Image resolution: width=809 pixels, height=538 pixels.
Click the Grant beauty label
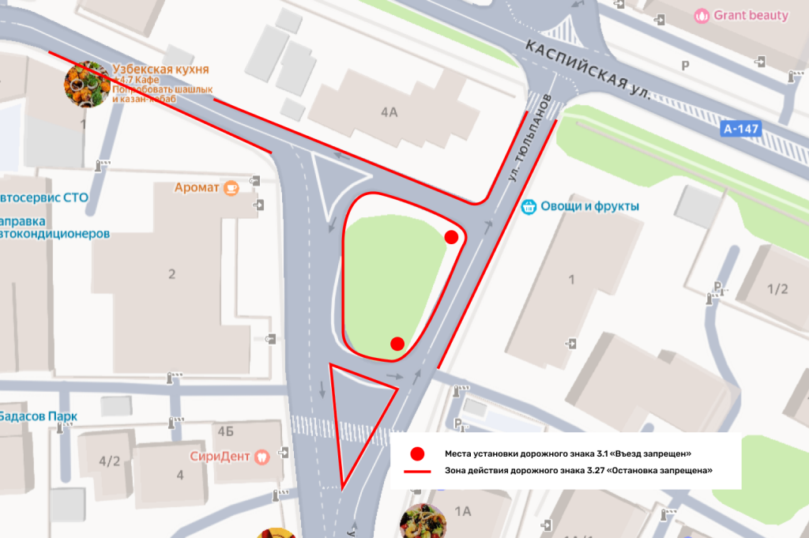click(x=751, y=15)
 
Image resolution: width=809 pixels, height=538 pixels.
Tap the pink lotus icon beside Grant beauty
click(x=702, y=15)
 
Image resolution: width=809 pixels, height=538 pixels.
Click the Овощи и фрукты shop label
click(x=589, y=207)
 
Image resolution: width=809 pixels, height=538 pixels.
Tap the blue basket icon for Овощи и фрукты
click(x=529, y=207)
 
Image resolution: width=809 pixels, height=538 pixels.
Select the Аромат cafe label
click(x=198, y=188)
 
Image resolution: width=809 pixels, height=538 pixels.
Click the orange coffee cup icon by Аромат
click(x=231, y=188)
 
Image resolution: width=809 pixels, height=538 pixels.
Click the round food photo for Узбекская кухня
click(x=86, y=84)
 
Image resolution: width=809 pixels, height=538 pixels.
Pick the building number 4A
click(x=389, y=112)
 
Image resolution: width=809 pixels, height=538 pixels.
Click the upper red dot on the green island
click(x=451, y=237)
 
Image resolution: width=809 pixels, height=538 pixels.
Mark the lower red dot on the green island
click(x=397, y=343)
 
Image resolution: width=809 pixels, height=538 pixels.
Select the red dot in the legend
click(x=418, y=453)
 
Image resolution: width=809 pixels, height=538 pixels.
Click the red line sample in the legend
click(x=417, y=471)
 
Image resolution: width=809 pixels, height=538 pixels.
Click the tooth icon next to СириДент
click(x=263, y=456)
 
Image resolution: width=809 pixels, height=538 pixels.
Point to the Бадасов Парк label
click(x=38, y=416)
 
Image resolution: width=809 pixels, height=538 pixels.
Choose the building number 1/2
click(x=777, y=288)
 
